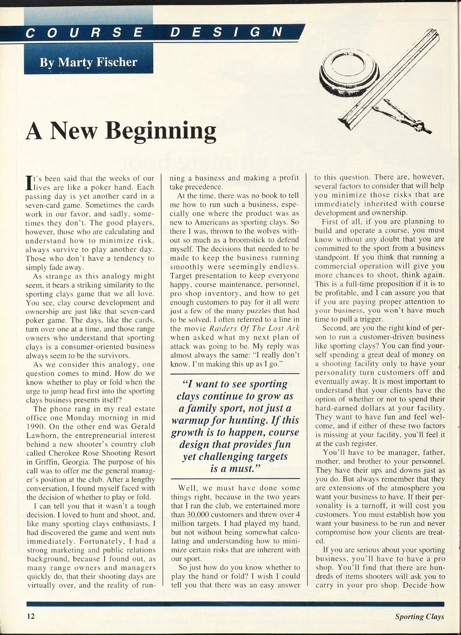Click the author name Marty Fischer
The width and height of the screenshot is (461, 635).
point(88,62)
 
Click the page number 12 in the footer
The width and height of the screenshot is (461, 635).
point(30,617)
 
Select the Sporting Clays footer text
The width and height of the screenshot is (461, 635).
point(420,617)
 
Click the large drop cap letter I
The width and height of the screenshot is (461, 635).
point(29,183)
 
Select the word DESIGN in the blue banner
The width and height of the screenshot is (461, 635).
point(227,32)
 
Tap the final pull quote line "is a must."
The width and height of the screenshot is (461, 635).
point(235,469)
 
